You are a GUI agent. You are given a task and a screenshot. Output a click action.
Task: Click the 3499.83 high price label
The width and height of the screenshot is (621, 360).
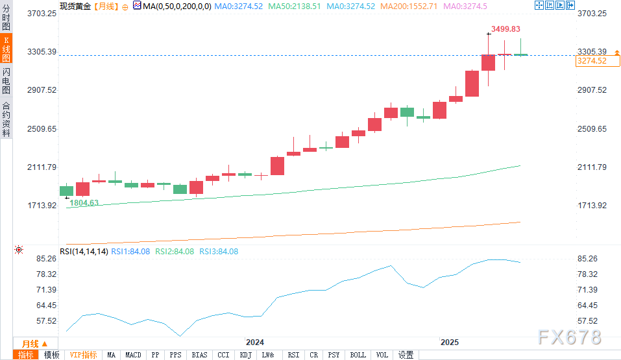tap(506, 29)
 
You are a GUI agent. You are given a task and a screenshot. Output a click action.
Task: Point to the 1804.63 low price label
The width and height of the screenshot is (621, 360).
tap(84, 202)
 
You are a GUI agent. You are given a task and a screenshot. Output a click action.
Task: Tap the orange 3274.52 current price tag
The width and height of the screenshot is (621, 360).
tap(591, 61)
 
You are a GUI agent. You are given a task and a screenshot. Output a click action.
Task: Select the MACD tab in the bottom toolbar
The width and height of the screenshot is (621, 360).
tap(133, 355)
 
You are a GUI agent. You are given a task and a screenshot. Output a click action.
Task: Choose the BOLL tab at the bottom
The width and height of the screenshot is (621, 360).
tap(358, 355)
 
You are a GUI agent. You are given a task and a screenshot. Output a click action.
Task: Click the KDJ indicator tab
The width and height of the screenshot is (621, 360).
tap(245, 355)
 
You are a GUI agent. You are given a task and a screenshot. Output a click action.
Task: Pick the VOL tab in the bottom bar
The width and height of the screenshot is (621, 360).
tap(382, 355)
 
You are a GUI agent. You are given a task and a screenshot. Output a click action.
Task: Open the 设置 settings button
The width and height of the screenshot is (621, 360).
tap(406, 355)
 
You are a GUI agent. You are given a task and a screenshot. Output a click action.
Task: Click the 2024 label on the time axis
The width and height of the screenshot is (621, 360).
tap(254, 342)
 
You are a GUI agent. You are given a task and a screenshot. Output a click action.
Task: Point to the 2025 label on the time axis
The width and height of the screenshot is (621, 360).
tap(449, 342)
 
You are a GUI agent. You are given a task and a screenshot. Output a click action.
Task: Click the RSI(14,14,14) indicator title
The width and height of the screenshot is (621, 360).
tap(84, 252)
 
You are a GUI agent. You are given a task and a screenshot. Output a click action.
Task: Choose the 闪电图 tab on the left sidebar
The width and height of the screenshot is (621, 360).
tap(6, 81)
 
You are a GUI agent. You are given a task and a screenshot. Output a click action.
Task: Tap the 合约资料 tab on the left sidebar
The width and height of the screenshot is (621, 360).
tap(6, 119)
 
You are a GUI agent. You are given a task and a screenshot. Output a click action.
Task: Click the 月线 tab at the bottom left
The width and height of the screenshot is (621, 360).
tap(30, 344)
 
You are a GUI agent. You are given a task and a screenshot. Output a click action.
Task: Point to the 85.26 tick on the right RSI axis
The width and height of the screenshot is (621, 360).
tap(587, 258)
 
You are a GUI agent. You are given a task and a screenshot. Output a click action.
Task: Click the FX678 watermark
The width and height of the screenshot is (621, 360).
tap(569, 337)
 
